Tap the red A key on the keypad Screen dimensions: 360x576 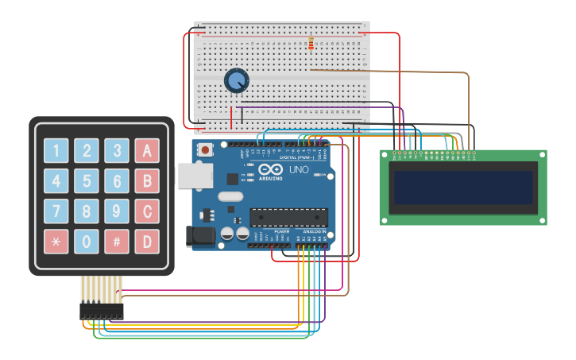(x=147, y=150)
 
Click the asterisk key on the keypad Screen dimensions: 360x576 (x=56, y=241)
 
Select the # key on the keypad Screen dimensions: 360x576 (x=117, y=241)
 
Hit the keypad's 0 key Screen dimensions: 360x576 (x=87, y=241)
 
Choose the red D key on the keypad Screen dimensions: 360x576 (x=147, y=241)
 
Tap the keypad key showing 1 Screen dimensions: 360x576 (x=56, y=150)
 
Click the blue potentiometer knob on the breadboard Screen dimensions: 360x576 (x=236, y=80)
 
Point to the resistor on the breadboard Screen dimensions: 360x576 (x=311, y=44)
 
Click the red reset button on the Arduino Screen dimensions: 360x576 (x=206, y=149)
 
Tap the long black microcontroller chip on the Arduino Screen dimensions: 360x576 (x=288, y=217)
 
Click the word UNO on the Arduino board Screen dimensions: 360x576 (x=298, y=170)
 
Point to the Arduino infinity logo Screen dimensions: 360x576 (x=270, y=169)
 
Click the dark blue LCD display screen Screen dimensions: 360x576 (x=462, y=188)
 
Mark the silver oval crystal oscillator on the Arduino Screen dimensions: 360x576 (x=229, y=196)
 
